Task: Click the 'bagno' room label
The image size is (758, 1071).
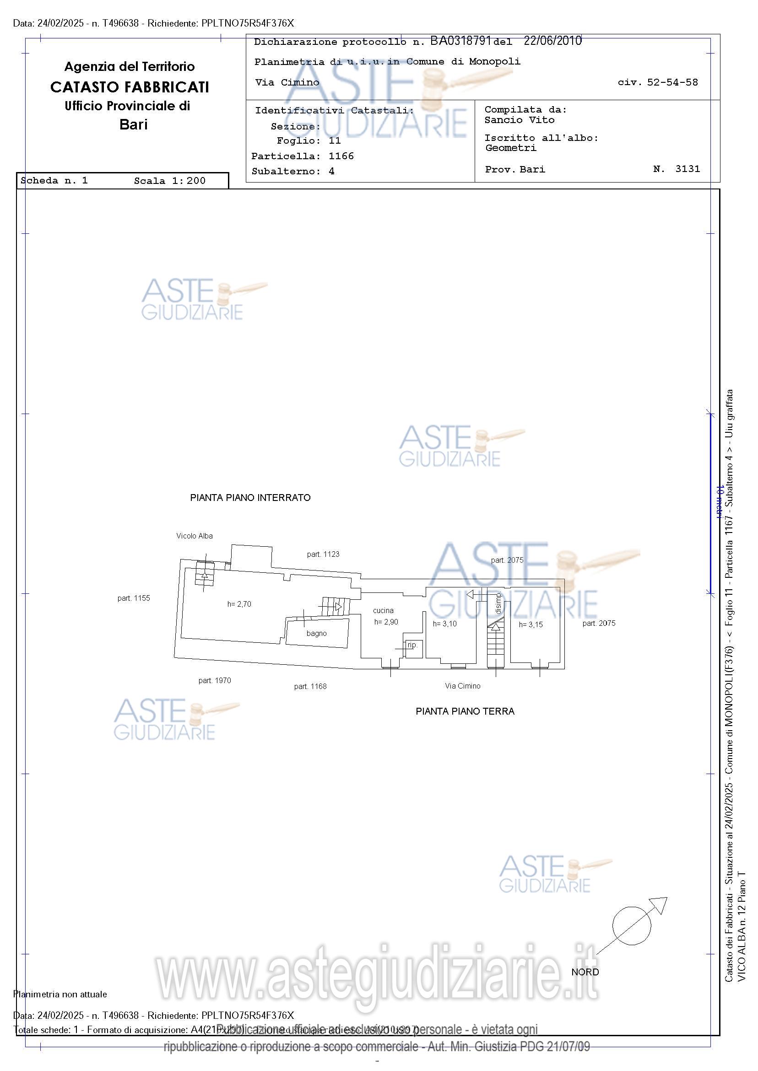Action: pyautogui.click(x=316, y=634)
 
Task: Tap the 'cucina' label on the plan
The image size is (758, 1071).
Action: pyautogui.click(x=383, y=610)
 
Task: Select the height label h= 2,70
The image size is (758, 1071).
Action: pyautogui.click(x=239, y=604)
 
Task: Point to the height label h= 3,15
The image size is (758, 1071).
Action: pyautogui.click(x=531, y=624)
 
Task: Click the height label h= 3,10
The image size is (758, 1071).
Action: pyautogui.click(x=444, y=624)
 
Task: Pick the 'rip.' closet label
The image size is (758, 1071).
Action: pyautogui.click(x=412, y=645)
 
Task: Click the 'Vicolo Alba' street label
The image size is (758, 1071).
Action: pyautogui.click(x=194, y=536)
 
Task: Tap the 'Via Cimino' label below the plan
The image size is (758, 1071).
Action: pyautogui.click(x=462, y=686)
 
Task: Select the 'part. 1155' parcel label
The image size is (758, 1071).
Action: pyautogui.click(x=134, y=598)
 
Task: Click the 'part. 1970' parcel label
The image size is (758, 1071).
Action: pyautogui.click(x=214, y=681)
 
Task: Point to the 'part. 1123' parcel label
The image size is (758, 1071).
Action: pyautogui.click(x=323, y=554)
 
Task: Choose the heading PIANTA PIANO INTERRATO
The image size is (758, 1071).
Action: pyautogui.click(x=250, y=498)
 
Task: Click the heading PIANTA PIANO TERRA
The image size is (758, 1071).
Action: pyautogui.click(x=465, y=711)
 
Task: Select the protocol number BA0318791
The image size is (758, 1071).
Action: pyautogui.click(x=460, y=41)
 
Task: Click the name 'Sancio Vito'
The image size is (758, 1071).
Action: pyautogui.click(x=519, y=120)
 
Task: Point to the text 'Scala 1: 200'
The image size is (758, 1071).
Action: pyautogui.click(x=169, y=181)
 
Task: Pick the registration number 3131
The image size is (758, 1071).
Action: pyautogui.click(x=688, y=169)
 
